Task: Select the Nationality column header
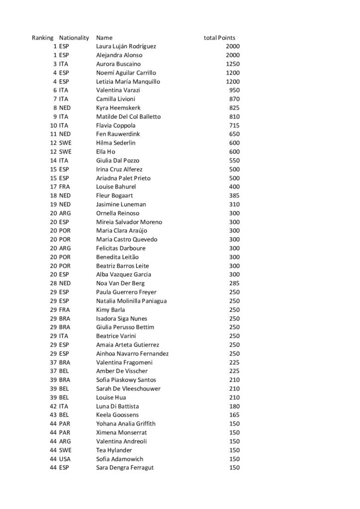tap(74, 38)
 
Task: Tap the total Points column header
tap(219, 38)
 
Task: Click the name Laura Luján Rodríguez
tap(126, 47)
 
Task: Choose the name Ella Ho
tap(106, 152)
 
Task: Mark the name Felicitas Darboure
tap(120, 248)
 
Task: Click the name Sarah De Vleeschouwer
tap(128, 389)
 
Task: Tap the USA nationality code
tap(65, 459)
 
